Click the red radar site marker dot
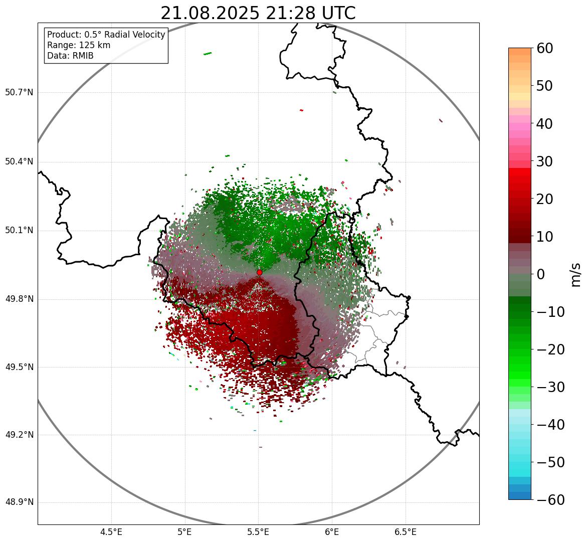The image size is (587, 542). pyautogui.click(x=259, y=272)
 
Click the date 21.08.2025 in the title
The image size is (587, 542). pyautogui.click(x=210, y=13)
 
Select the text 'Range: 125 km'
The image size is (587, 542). pyautogui.click(x=79, y=45)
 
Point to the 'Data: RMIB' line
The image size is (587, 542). pyautogui.click(x=70, y=56)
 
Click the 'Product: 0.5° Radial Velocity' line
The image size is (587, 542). pyautogui.click(x=106, y=35)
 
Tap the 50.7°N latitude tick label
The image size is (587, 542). pyautogui.click(x=19, y=93)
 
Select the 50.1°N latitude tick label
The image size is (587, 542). pyautogui.click(x=19, y=231)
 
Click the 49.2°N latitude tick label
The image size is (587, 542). pyautogui.click(x=19, y=435)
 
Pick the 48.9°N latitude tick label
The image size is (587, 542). pyautogui.click(x=19, y=502)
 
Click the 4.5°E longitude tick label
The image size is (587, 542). pyautogui.click(x=111, y=532)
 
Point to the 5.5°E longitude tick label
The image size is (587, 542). pyautogui.click(x=258, y=532)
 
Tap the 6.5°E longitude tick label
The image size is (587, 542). pyautogui.click(x=405, y=532)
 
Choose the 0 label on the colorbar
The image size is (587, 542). pyautogui.click(x=541, y=274)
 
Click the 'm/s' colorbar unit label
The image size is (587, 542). pyautogui.click(x=576, y=274)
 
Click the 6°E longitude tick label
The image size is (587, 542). pyautogui.click(x=332, y=532)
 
